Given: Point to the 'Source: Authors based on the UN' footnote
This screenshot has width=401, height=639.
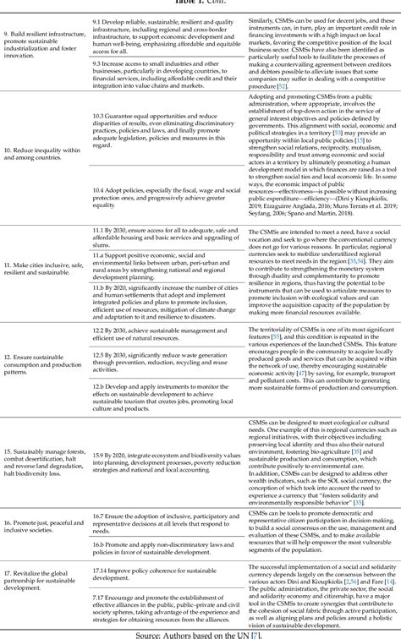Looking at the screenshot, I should pyautogui.click(x=200, y=632).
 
